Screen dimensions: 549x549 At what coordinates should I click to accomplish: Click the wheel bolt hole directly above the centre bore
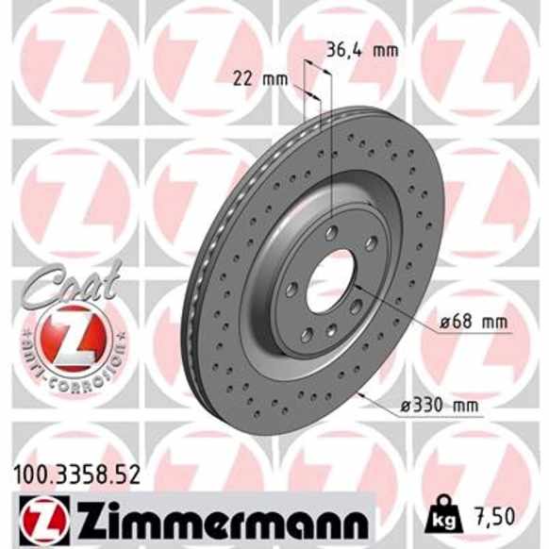331,231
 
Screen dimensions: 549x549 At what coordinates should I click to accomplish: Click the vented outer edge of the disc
200,283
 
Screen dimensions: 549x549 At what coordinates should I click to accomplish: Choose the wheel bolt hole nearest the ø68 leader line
356,306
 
